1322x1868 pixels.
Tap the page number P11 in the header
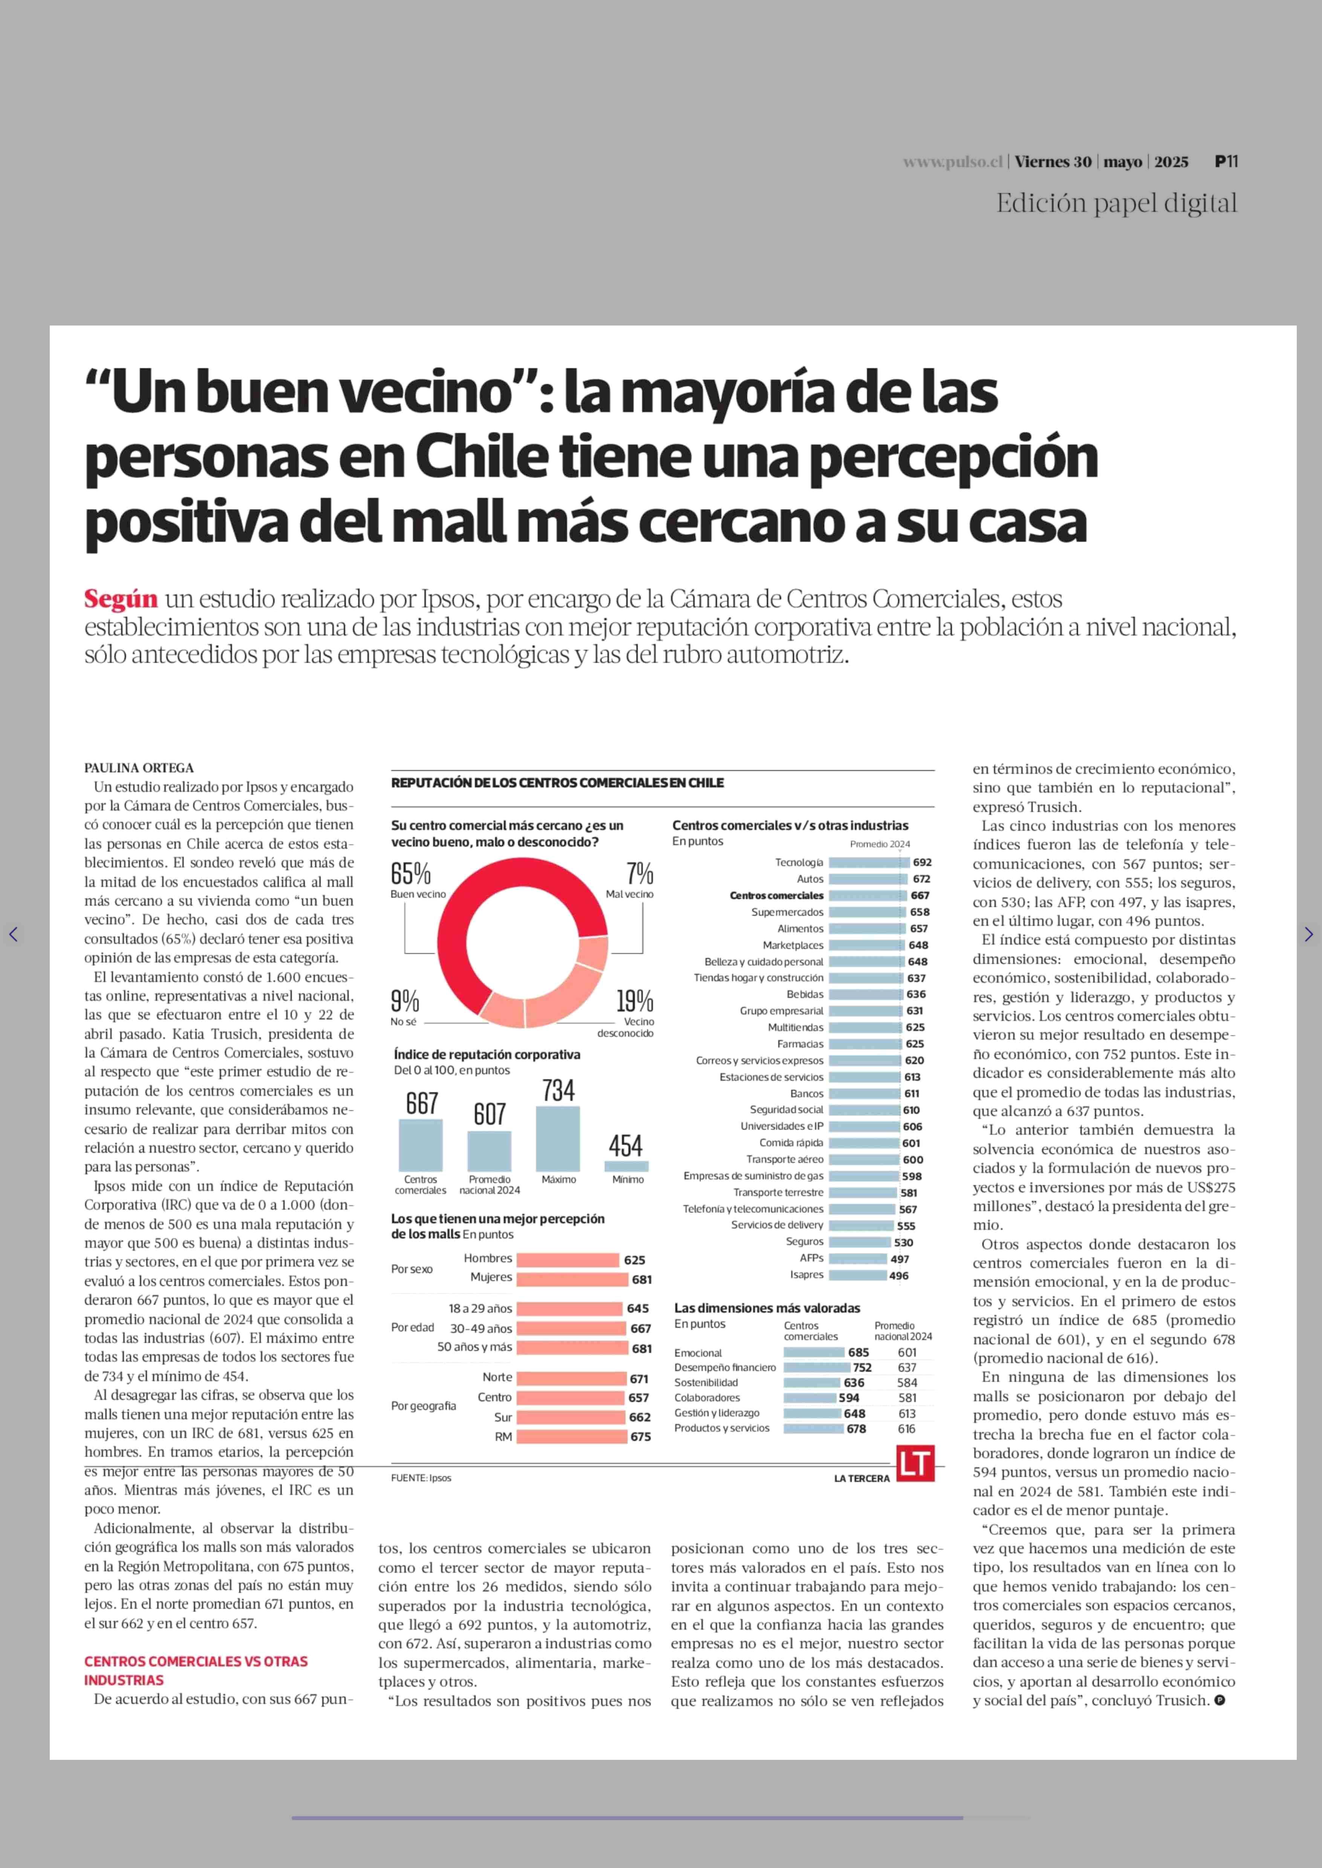1226,161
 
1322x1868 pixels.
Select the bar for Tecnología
868,862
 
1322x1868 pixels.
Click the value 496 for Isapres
899,1275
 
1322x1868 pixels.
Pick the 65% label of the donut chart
410,873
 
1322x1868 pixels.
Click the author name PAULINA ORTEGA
139,767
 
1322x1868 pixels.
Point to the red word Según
121,599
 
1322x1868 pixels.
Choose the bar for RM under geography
571,1437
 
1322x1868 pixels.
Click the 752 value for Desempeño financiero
862,1367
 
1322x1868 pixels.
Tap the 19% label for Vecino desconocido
634,1000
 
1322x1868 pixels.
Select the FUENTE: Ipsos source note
421,1477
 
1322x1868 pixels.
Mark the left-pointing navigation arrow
13,934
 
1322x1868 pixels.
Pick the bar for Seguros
860,1242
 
